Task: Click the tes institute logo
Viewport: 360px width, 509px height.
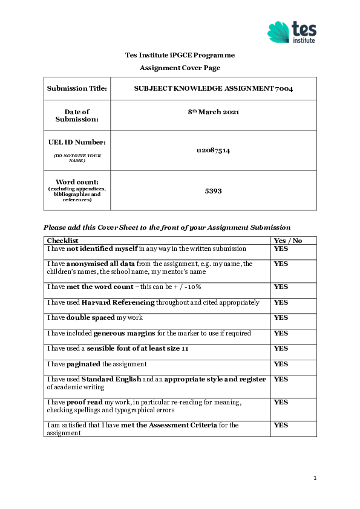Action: tap(292, 32)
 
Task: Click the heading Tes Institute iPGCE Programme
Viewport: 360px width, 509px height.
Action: tap(180, 55)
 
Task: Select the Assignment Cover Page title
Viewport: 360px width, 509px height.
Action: tap(180, 68)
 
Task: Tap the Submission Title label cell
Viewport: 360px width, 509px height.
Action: tap(77, 89)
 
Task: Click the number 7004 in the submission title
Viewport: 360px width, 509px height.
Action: tap(284, 89)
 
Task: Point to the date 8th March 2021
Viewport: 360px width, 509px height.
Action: tap(214, 112)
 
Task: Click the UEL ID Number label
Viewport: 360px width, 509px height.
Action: tap(77, 143)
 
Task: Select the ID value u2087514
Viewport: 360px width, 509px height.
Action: tap(214, 151)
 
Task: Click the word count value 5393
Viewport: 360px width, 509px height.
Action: tap(214, 190)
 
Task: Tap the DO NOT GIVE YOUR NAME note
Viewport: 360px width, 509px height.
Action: tap(77, 158)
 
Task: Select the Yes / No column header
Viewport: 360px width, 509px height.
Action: tap(288, 241)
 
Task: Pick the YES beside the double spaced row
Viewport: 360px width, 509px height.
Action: tap(281, 317)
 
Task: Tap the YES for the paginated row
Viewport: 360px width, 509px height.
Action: tap(281, 364)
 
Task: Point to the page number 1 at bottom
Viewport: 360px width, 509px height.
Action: tap(315, 478)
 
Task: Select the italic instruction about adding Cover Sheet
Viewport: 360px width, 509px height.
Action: tap(167, 227)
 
